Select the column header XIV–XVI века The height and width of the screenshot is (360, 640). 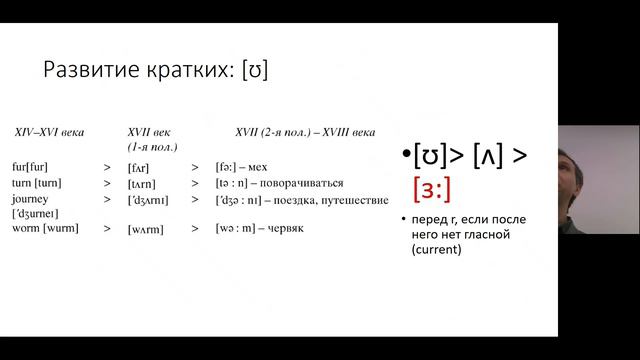[48, 132]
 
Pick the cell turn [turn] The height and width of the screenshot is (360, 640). [36, 183]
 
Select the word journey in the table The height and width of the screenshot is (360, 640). [30, 198]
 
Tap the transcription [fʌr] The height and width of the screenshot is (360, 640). [139, 167]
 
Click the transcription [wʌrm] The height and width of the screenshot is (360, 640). [146, 229]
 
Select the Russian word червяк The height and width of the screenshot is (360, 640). [282, 229]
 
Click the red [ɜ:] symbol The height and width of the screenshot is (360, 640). [432, 187]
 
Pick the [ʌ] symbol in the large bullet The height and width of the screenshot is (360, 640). [486, 156]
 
